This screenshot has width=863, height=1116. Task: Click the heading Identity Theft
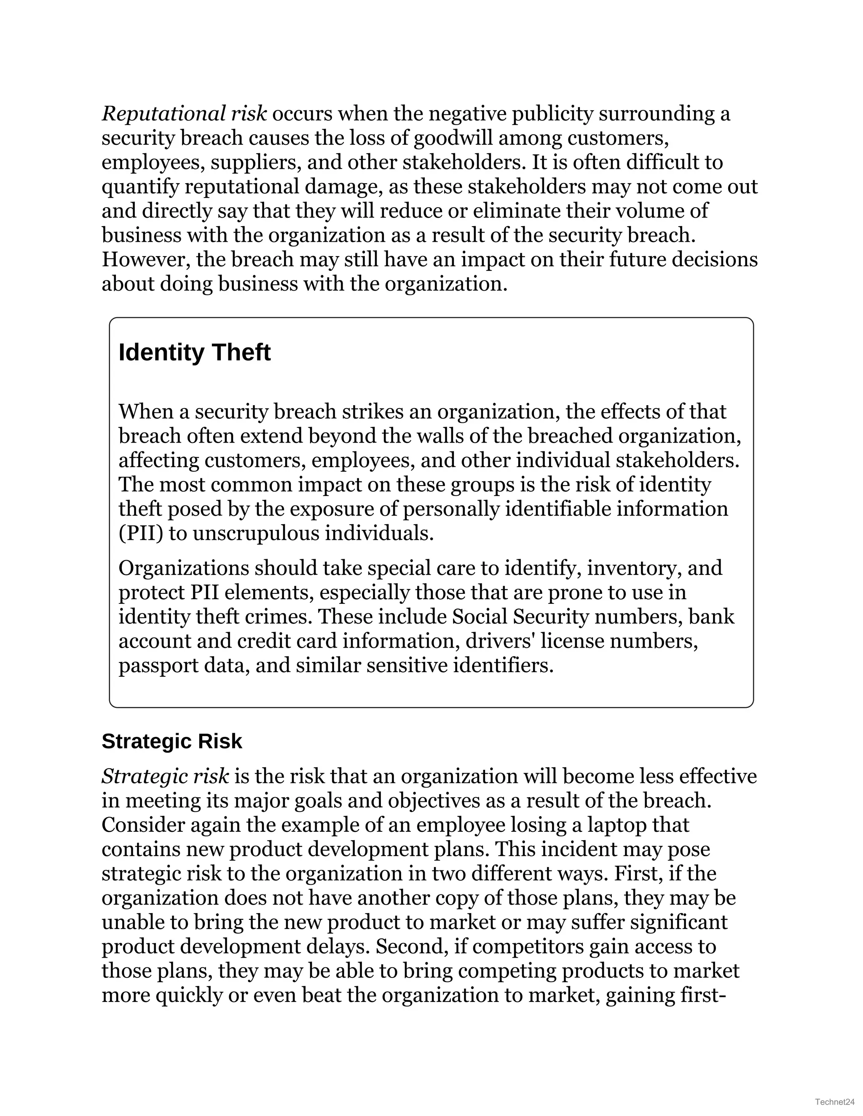tap(194, 352)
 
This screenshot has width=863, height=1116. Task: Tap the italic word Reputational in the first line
tap(163, 113)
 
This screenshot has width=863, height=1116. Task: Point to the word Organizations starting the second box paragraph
tap(184, 568)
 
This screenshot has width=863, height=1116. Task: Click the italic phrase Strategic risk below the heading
tap(165, 776)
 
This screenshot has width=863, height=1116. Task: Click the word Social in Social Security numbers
tap(480, 617)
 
